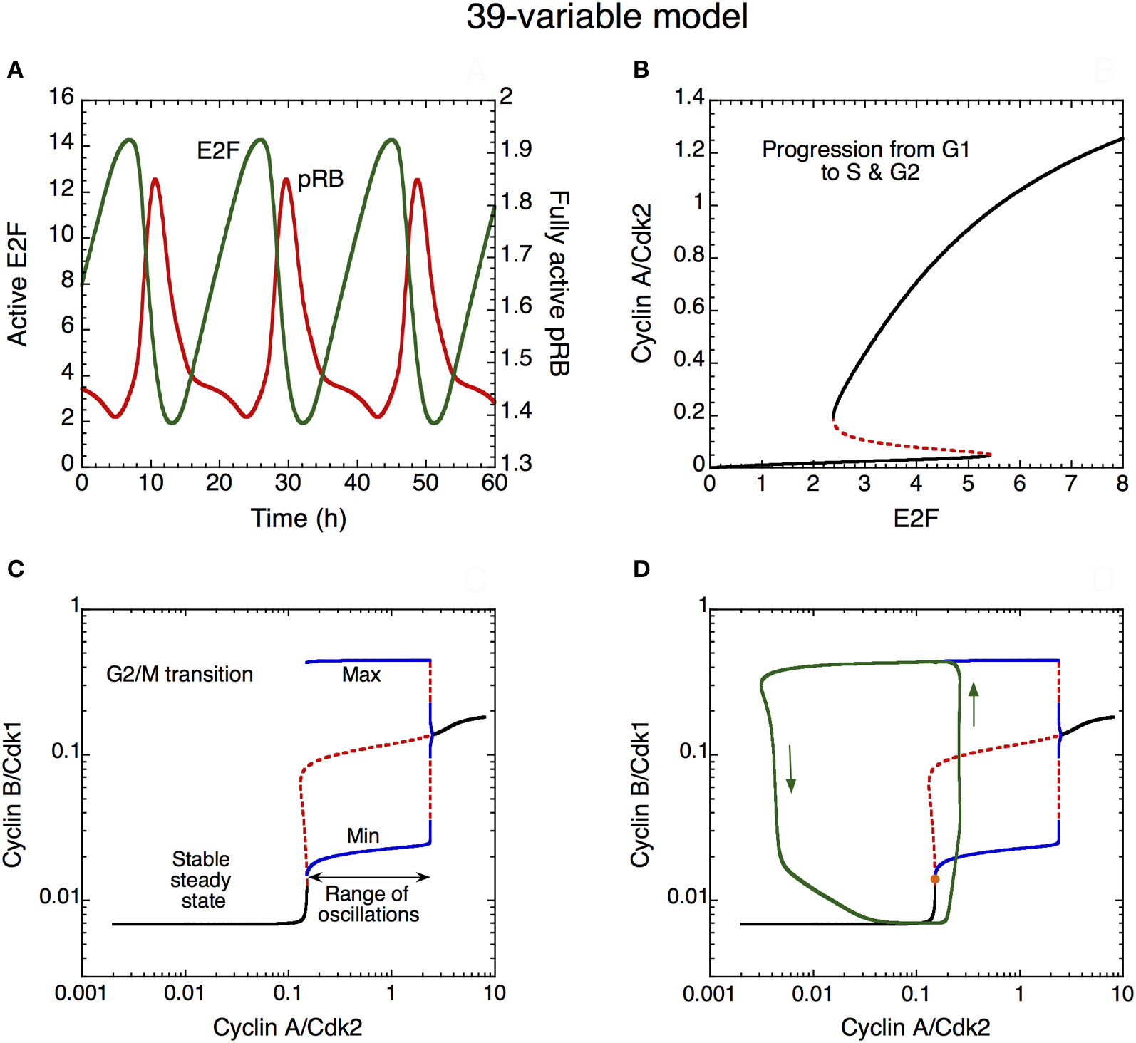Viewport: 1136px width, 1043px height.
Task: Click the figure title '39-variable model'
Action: click(x=606, y=16)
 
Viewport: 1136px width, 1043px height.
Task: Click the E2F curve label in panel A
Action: click(x=218, y=151)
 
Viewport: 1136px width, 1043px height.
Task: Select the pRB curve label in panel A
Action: click(x=321, y=179)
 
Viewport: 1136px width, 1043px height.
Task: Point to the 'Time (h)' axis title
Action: click(x=298, y=518)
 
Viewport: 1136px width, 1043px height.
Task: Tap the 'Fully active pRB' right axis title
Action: click(x=559, y=283)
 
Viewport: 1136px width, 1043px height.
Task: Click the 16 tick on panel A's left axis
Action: click(x=61, y=96)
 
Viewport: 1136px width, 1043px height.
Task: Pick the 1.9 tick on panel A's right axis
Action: click(x=516, y=149)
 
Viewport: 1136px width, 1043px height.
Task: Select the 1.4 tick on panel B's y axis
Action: click(x=689, y=97)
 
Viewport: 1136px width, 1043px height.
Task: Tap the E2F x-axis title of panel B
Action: click(x=916, y=518)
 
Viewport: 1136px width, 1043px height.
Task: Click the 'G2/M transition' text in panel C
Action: click(x=180, y=674)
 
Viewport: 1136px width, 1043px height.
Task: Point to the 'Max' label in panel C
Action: click(x=361, y=675)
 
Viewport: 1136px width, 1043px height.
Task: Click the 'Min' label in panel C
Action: click(x=363, y=836)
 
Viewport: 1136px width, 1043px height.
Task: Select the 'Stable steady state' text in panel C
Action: click(x=202, y=880)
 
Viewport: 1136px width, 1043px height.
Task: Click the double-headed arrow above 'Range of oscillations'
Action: click(x=368, y=876)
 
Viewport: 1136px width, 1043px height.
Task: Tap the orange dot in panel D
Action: click(x=935, y=879)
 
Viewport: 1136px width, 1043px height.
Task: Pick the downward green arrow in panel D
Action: click(x=790, y=769)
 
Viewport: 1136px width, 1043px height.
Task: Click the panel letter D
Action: click(x=641, y=569)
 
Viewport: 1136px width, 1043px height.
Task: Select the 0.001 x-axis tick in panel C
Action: click(x=82, y=993)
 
